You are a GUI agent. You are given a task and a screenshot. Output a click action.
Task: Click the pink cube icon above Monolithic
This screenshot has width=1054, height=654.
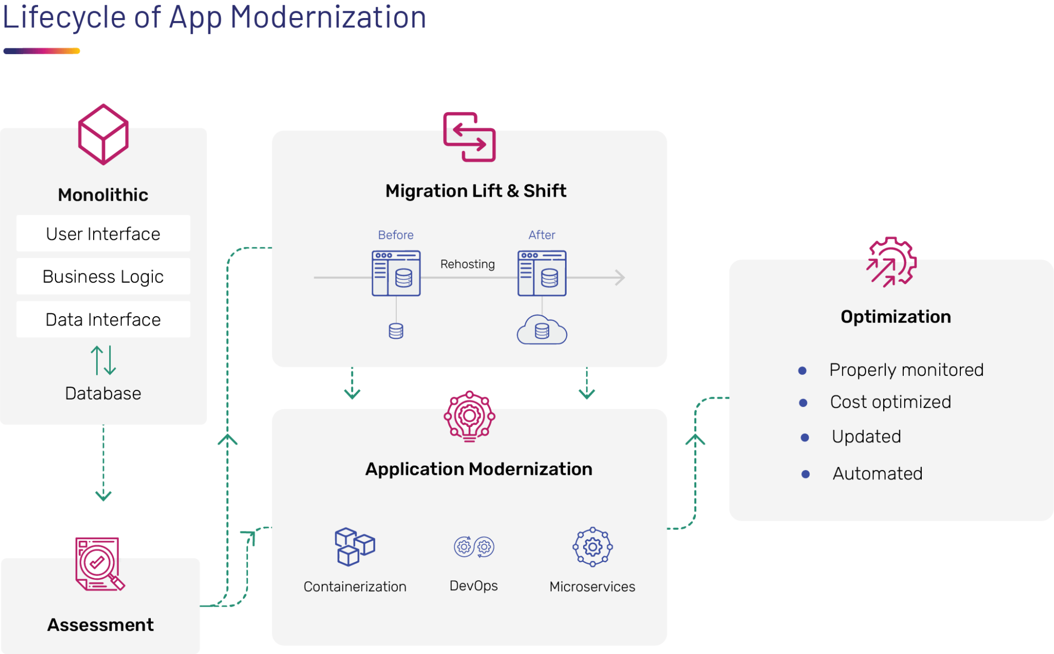click(103, 134)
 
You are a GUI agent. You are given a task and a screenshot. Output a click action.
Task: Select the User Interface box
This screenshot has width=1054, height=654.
click(103, 234)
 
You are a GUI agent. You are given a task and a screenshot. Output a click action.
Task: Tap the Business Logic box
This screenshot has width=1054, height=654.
click(103, 277)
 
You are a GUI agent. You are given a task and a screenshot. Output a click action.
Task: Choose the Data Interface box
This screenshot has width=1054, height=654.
click(103, 319)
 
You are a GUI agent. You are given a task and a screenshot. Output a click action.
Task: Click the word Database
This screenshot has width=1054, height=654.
click(103, 393)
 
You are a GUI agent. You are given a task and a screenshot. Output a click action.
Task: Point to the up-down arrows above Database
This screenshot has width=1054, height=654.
click(103, 360)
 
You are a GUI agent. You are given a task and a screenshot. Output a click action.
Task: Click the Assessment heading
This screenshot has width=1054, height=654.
click(100, 625)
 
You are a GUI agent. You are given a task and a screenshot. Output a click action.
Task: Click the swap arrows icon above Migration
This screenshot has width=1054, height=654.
click(469, 137)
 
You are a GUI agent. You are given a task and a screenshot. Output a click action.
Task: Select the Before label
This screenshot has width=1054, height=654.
click(395, 235)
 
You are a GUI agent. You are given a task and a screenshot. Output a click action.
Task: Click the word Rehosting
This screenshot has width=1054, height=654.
click(467, 264)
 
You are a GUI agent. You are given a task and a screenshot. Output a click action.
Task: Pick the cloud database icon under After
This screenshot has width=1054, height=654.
click(542, 330)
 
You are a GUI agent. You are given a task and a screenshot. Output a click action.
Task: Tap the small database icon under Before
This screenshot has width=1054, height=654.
click(396, 331)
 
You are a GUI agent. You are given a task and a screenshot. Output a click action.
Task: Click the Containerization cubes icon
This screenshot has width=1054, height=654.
click(355, 547)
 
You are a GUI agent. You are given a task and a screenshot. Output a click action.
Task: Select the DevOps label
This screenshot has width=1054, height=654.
click(473, 586)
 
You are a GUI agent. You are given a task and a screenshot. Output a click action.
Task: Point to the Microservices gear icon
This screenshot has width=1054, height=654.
click(592, 547)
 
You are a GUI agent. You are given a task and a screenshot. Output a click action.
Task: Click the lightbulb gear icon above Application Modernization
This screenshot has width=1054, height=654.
click(469, 416)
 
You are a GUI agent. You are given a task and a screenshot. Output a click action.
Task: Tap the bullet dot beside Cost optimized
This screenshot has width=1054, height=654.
click(803, 403)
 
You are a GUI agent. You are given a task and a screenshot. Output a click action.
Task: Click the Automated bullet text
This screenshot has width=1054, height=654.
click(877, 473)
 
